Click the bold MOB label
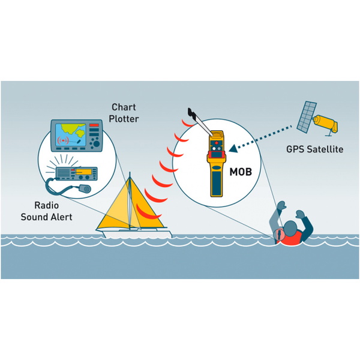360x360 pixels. point(241,172)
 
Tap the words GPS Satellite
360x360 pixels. point(315,149)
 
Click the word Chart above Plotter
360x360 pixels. point(124,107)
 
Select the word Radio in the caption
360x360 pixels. point(46,205)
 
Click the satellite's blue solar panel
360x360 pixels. point(306,116)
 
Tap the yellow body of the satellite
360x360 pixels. point(326,124)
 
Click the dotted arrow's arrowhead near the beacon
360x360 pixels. point(233,148)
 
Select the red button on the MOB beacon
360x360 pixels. point(216,143)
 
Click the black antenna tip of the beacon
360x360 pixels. point(191,112)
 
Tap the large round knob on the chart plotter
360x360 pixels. point(96,144)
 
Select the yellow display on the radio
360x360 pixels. point(83,172)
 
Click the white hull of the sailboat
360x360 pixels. point(137,233)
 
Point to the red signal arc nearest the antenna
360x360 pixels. point(188,124)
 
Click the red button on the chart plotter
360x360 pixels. point(94,125)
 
